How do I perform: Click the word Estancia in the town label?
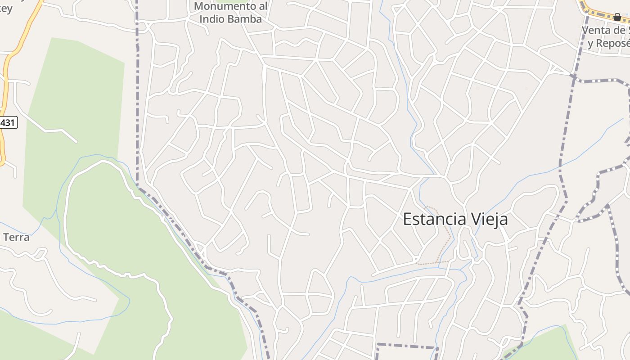(434, 219)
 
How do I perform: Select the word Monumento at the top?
(230, 6)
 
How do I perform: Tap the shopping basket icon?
(617, 17)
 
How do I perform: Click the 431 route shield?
(8, 122)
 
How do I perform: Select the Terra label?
(16, 237)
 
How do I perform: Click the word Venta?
(598, 31)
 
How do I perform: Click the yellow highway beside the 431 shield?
(5, 90)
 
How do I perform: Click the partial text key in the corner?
(6, 8)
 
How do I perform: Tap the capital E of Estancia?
(408, 219)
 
